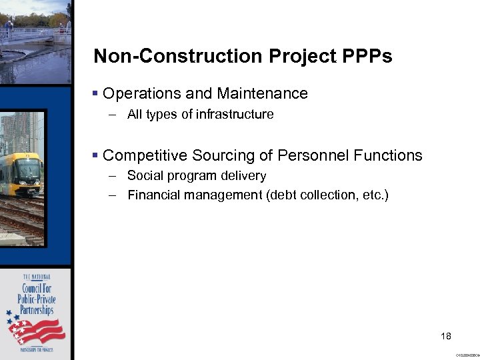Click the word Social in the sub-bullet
pyautogui.click(x=143, y=176)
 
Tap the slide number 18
pyautogui.click(x=445, y=335)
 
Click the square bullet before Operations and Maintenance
pyautogui.click(x=96, y=94)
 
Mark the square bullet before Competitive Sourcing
pyautogui.click(x=96, y=156)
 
